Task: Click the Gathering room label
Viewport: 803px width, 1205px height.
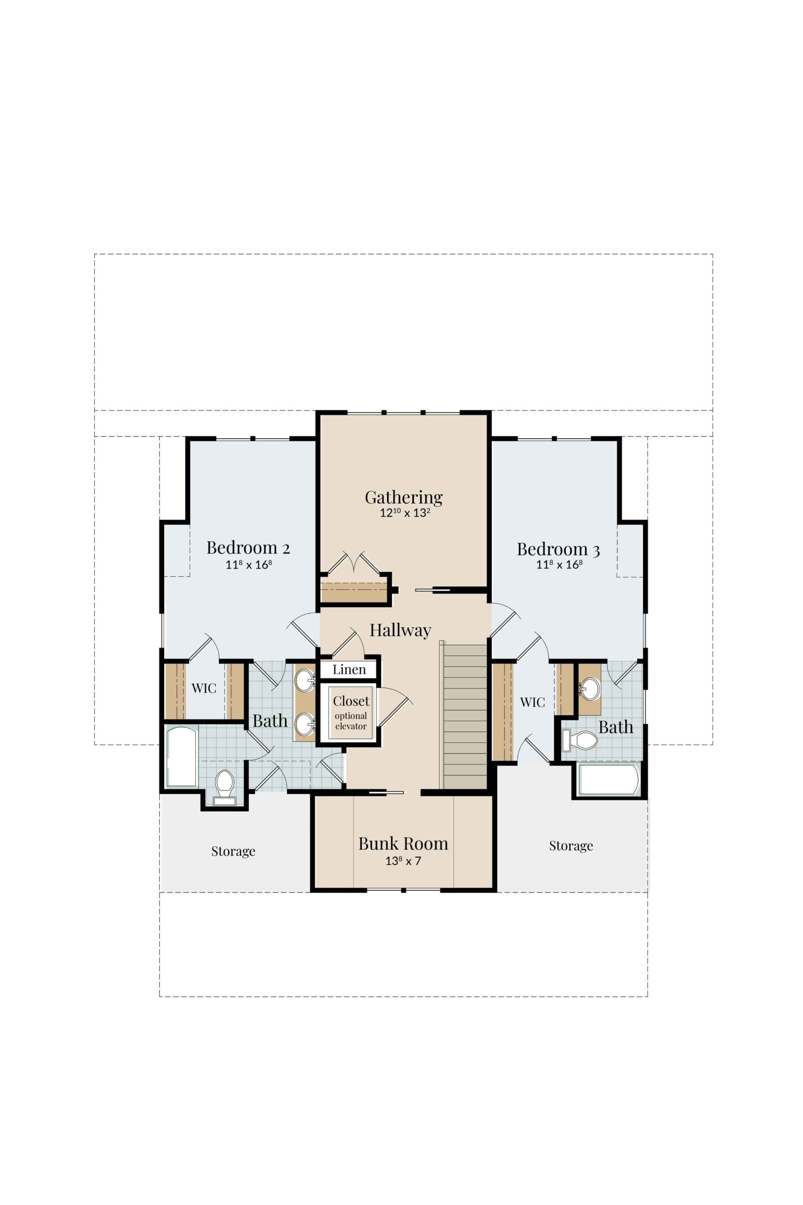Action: tap(404, 498)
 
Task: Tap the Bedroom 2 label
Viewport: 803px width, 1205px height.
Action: tap(248, 548)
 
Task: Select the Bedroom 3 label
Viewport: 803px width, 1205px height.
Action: tap(558, 549)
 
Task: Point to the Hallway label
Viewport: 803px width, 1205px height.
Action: tap(400, 630)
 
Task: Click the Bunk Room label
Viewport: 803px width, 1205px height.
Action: tap(403, 843)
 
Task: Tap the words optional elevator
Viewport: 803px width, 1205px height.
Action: tap(351, 721)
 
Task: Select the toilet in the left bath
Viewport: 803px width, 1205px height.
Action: tap(224, 786)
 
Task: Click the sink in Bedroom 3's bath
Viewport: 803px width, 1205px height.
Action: tap(590, 688)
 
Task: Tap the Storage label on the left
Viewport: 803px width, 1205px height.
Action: tap(233, 851)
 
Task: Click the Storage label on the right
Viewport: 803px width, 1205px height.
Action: tap(571, 845)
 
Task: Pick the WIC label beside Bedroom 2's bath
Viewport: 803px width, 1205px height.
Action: tap(204, 688)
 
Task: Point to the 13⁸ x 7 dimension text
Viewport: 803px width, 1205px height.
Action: tap(403, 861)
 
